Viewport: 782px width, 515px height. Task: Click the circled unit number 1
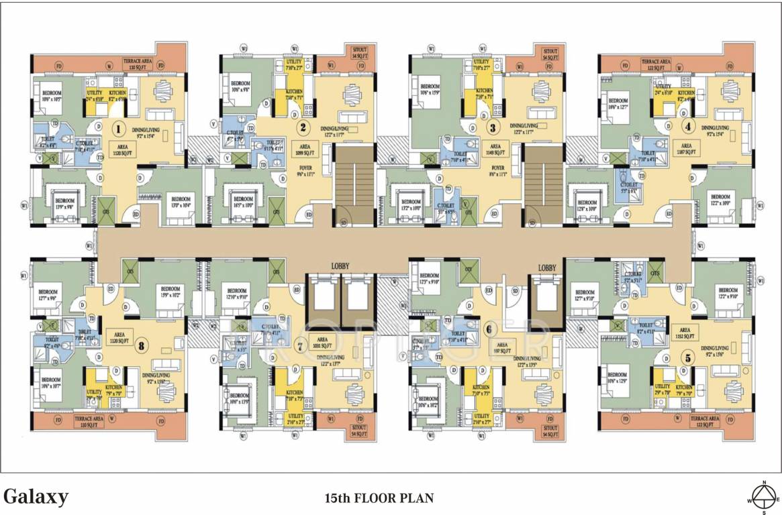pyautogui.click(x=119, y=128)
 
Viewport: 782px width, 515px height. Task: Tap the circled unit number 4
pyautogui.click(x=687, y=125)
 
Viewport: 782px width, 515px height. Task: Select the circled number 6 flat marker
pyautogui.click(x=488, y=329)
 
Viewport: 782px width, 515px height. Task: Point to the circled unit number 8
pyautogui.click(x=140, y=347)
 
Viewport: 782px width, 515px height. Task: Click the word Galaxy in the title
pyautogui.click(x=36, y=497)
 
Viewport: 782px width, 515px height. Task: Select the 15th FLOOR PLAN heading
pyautogui.click(x=379, y=498)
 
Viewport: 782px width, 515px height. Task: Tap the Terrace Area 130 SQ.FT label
pyautogui.click(x=141, y=65)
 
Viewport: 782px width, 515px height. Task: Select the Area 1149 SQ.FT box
pyautogui.click(x=496, y=149)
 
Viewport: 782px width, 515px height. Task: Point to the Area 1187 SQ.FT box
pyautogui.click(x=687, y=149)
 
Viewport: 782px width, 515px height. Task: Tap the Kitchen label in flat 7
pyautogui.click(x=294, y=392)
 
